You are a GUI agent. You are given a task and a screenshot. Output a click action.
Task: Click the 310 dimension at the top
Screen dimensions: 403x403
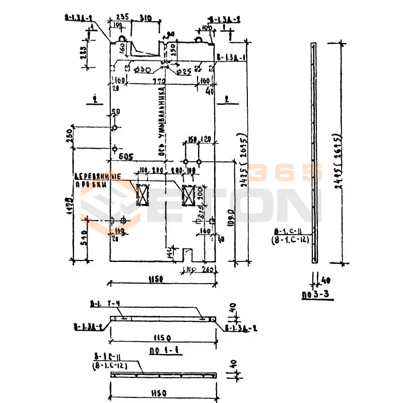(x=146, y=18)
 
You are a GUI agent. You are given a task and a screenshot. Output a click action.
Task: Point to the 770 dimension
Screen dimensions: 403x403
(x=159, y=80)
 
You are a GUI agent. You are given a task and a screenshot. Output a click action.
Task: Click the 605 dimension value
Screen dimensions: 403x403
(x=125, y=157)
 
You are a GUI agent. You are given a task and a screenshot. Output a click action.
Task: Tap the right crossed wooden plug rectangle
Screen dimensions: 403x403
(x=189, y=195)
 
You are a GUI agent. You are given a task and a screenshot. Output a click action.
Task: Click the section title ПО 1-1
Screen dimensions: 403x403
(x=165, y=350)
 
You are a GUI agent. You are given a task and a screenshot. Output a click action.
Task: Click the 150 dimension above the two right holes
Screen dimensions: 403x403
(x=191, y=139)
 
